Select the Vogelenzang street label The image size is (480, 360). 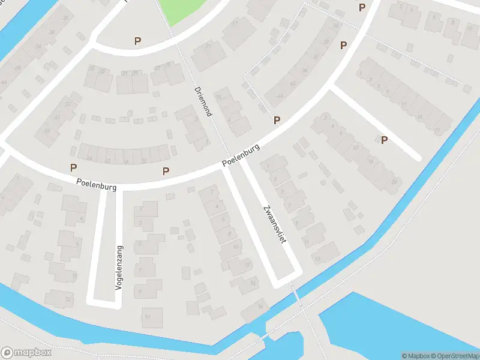(x=119, y=268)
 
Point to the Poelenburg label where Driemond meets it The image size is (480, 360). (x=241, y=155)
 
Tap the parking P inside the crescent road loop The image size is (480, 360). (x=138, y=41)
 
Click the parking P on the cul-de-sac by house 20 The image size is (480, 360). (x=384, y=140)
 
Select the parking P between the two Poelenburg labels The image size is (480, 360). (x=166, y=171)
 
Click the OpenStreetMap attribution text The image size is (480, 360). (x=455, y=356)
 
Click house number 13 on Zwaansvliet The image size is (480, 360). (x=317, y=258)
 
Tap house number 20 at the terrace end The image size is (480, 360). (x=394, y=181)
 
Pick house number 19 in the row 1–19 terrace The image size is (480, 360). (x=437, y=130)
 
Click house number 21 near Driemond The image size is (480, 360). (x=209, y=46)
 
